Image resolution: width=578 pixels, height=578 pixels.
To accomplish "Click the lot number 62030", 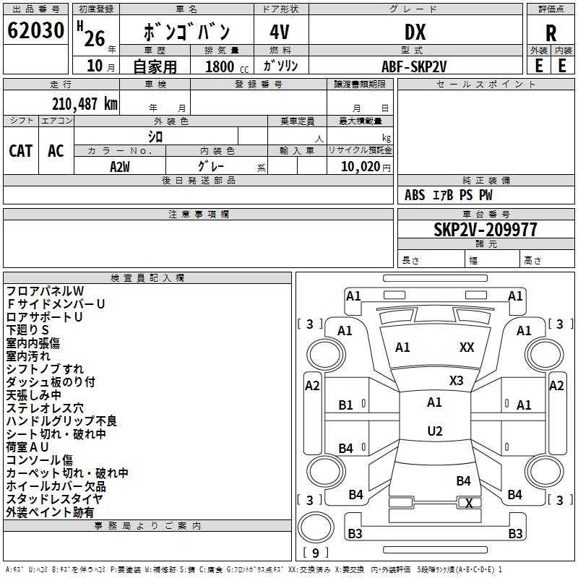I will coord(35,31).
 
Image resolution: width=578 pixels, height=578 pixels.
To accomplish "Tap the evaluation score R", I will coord(551,33).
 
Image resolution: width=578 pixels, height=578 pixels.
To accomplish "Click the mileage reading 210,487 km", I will coord(85,104).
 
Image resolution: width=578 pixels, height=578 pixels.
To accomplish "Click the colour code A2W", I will coord(120,166).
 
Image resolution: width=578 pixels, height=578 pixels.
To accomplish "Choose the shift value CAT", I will coord(21,150).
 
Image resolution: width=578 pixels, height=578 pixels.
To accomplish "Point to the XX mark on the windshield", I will coord(467,348).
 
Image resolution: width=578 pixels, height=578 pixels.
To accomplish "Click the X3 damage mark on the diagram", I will coord(457,380).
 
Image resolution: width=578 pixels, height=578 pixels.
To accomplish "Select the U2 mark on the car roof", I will coord(434,431).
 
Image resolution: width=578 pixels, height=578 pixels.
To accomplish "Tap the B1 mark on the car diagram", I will coord(346,405).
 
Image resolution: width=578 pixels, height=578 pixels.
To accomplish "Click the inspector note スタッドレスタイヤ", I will coord(55,499).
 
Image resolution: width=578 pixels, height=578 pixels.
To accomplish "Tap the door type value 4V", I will coord(280,32).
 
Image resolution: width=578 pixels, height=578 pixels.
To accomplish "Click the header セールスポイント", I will coord(486,85).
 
